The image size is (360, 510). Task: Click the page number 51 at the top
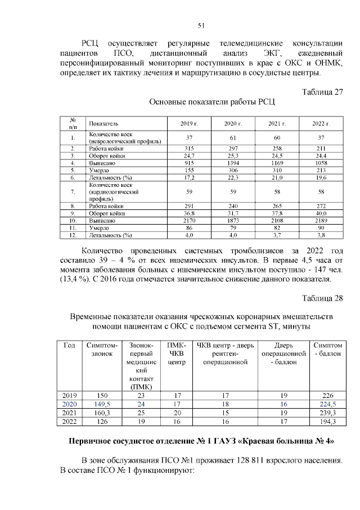point(201,25)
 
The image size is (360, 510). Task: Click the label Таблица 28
point(322,297)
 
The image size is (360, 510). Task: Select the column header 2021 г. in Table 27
point(276,123)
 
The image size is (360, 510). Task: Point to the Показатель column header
point(103,123)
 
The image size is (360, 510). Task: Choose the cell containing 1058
point(321,162)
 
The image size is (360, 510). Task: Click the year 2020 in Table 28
point(69,404)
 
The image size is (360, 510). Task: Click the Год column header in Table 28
point(69,345)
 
